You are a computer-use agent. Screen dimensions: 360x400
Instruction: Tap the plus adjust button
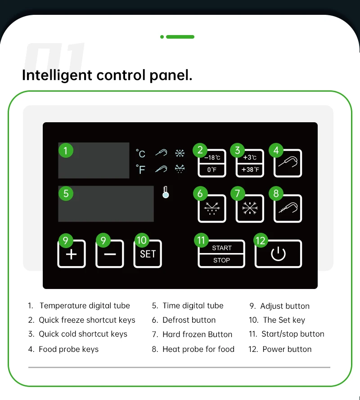pos(72,254)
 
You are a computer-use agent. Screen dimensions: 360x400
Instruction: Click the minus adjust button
pos(110,254)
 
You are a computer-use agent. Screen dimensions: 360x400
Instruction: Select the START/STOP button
pos(221,254)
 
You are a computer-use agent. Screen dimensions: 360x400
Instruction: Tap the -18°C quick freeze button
pos(212,163)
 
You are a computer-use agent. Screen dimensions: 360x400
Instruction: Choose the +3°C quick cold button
pos(250,163)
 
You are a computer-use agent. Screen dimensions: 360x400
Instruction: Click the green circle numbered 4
pos(276,150)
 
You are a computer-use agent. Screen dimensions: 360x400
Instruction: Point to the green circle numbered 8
pos(276,193)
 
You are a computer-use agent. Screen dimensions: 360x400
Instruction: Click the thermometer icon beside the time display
pos(166,192)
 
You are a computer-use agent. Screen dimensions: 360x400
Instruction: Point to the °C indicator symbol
pos(140,154)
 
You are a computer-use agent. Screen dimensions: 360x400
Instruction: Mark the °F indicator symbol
pos(140,169)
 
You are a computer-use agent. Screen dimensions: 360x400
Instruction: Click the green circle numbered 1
pos(66,150)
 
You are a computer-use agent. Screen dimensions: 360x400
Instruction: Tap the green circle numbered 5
pos(66,193)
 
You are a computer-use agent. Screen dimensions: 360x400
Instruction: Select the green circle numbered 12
pos(261,240)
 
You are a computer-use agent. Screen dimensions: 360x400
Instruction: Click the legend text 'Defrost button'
pos(189,320)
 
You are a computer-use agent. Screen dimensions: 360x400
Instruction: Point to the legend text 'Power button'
pos(287,349)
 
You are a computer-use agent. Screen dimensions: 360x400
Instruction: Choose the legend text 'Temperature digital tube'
pos(85,306)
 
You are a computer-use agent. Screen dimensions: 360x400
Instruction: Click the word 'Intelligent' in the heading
pos(57,75)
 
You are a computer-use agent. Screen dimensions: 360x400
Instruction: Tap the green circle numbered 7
pos(237,193)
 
